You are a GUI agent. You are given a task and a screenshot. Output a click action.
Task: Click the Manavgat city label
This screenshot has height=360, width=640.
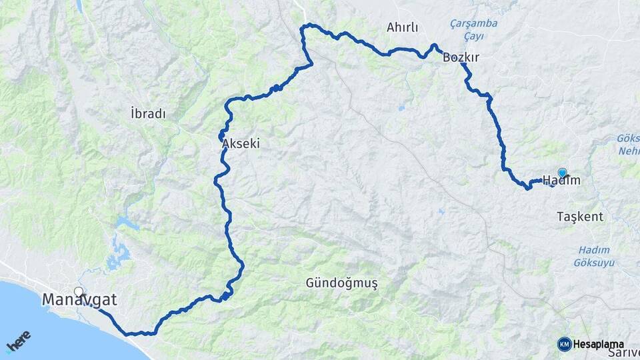click(79, 301)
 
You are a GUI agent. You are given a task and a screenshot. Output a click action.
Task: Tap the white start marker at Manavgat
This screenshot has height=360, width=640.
click(79, 291)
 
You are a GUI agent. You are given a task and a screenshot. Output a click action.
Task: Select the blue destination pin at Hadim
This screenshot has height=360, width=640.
click(562, 173)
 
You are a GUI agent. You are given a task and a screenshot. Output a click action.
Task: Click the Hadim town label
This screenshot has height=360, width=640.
click(561, 180)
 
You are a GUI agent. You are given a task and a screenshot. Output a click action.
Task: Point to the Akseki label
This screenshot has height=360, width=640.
click(240, 143)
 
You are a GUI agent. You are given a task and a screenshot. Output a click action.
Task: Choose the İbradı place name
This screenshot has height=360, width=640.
click(148, 113)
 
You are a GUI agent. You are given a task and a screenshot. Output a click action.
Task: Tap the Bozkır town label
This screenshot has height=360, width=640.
click(461, 58)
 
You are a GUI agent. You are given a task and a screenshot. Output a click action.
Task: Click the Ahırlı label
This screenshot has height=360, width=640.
click(402, 27)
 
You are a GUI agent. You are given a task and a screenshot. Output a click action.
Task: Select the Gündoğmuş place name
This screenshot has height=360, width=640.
click(341, 283)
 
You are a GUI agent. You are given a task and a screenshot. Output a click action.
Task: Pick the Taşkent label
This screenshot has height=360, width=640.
click(580, 217)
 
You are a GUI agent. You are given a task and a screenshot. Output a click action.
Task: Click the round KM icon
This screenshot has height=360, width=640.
click(564, 344)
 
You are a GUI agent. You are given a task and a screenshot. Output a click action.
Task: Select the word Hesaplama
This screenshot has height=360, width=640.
click(597, 344)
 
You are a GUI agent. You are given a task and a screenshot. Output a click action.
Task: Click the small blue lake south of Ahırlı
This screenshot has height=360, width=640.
click(401, 108)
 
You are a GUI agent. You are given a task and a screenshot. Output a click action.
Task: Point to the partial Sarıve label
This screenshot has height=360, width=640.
click(627, 352)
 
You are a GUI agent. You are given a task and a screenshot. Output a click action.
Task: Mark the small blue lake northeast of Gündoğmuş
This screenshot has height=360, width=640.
click(440, 212)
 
